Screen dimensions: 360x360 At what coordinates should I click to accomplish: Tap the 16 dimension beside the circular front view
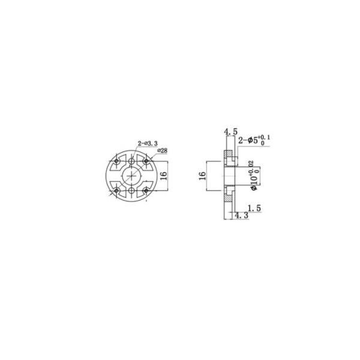click(x=169, y=175)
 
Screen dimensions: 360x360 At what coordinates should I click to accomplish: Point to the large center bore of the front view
click(x=132, y=175)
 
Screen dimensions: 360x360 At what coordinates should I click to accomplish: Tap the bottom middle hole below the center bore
click(x=132, y=191)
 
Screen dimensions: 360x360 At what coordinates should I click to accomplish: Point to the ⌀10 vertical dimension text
click(x=254, y=178)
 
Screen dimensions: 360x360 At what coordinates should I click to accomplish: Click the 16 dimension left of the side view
click(x=203, y=175)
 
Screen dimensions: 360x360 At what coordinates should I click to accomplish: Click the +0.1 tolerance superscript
click(x=265, y=139)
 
